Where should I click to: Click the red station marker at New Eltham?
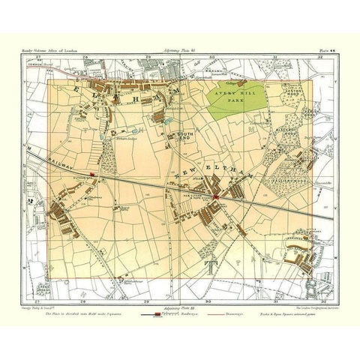tap(215, 196)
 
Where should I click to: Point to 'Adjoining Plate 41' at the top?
tap(173, 50)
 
